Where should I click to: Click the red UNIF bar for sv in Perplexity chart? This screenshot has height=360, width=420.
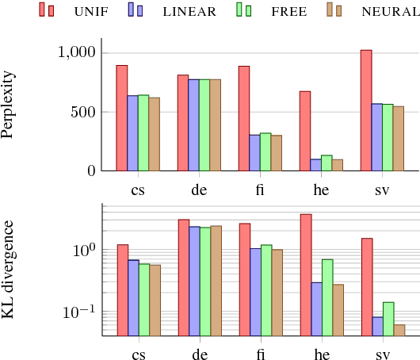[x=366, y=110]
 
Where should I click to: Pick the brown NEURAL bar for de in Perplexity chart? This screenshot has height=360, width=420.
[x=216, y=124]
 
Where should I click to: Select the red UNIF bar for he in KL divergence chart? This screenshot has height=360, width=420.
[x=305, y=274]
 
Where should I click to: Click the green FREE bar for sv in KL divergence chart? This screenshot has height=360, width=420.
[x=388, y=319]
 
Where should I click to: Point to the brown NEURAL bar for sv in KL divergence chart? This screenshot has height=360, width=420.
[x=399, y=330]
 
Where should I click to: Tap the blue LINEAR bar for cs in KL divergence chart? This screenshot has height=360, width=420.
[x=133, y=297]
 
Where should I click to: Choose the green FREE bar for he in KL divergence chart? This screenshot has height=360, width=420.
[x=326, y=297]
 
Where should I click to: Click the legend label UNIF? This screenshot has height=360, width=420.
[x=93, y=11]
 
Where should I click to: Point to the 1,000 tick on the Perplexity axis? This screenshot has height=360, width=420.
[x=78, y=52]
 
